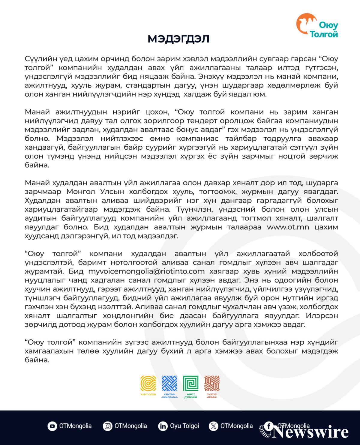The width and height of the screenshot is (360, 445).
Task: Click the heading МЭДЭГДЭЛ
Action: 178,39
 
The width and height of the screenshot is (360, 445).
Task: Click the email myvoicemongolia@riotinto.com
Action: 146,271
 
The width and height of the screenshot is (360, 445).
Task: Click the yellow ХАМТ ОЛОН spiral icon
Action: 148,384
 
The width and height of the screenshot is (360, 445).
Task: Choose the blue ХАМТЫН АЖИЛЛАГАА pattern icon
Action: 169,384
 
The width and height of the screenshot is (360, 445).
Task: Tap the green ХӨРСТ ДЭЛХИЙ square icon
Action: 191,384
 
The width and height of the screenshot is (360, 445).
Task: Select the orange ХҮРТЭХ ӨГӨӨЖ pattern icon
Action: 212,384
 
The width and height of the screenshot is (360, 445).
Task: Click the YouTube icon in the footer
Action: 52,426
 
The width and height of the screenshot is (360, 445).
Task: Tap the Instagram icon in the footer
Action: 107,426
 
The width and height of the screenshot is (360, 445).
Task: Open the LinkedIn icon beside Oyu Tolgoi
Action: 163,426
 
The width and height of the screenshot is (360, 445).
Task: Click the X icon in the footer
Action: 213,426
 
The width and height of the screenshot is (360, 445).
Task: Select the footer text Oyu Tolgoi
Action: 184,426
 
